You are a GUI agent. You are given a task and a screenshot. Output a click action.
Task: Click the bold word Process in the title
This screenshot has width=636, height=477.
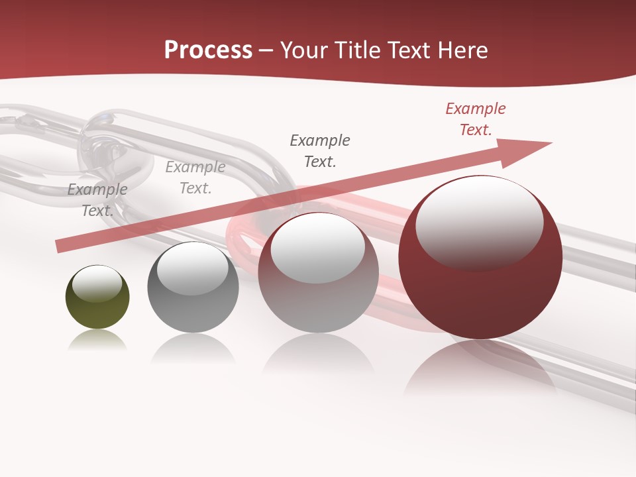tap(208, 50)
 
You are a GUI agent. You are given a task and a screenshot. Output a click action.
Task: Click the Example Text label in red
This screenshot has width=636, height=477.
tap(476, 119)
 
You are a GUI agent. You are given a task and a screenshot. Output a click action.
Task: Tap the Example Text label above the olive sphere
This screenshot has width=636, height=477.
tap(97, 199)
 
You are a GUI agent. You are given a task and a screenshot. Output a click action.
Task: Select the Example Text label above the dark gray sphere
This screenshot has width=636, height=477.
tap(195, 178)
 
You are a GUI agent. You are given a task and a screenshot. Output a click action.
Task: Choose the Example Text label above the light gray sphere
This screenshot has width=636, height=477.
tap(320, 150)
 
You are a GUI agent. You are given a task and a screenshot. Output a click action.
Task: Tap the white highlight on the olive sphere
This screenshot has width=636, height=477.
tap(97, 284)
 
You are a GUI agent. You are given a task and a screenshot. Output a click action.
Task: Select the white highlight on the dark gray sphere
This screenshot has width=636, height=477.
tap(192, 268)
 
